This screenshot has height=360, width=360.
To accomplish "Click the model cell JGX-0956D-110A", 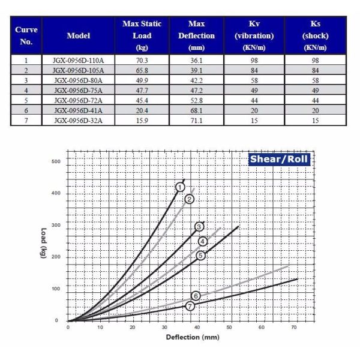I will [78, 60].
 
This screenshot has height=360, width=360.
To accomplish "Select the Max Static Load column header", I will [143, 35].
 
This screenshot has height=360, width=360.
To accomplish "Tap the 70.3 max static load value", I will [143, 60].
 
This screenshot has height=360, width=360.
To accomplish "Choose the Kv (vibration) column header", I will [253, 35].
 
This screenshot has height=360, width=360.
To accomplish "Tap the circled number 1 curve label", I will [179, 188].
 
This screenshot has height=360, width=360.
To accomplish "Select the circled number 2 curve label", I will [190, 199].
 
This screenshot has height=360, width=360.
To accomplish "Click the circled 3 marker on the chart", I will [199, 226].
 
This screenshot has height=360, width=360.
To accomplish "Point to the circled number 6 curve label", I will [196, 295].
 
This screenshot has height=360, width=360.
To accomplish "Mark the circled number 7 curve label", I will [190, 305].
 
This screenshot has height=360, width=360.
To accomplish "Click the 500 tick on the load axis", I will [56, 162].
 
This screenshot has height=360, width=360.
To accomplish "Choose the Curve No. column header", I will [26, 35].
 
